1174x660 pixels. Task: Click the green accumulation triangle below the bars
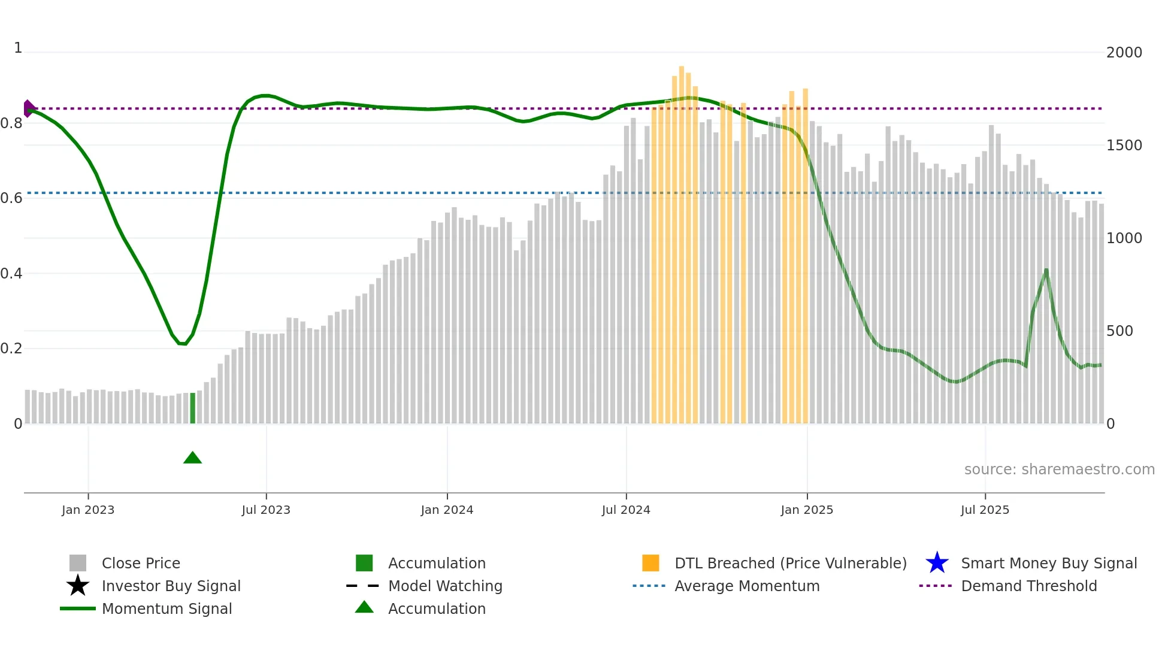(192, 458)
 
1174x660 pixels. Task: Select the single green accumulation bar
(192, 408)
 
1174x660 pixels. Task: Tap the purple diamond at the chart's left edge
(28, 108)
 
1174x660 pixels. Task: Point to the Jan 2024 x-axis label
(447, 510)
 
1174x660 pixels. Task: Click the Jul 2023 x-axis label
(266, 510)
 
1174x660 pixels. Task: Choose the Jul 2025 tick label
(985, 510)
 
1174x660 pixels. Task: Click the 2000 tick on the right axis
(1124, 53)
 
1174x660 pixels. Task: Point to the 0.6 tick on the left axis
(12, 198)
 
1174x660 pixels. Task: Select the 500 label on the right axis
(1119, 331)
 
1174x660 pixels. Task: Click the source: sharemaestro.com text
(1059, 470)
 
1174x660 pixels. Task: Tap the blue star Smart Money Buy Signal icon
(937, 563)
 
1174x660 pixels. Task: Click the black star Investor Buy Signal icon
(78, 586)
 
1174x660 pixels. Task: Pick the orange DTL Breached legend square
(650, 563)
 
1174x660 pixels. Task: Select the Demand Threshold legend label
(1028, 586)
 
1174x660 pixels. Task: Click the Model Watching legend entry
(445, 586)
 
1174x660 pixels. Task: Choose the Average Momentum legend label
(747, 586)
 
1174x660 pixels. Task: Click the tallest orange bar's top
(682, 67)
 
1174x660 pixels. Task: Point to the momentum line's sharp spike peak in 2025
(1046, 270)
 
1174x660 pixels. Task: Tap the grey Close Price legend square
(78, 563)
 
